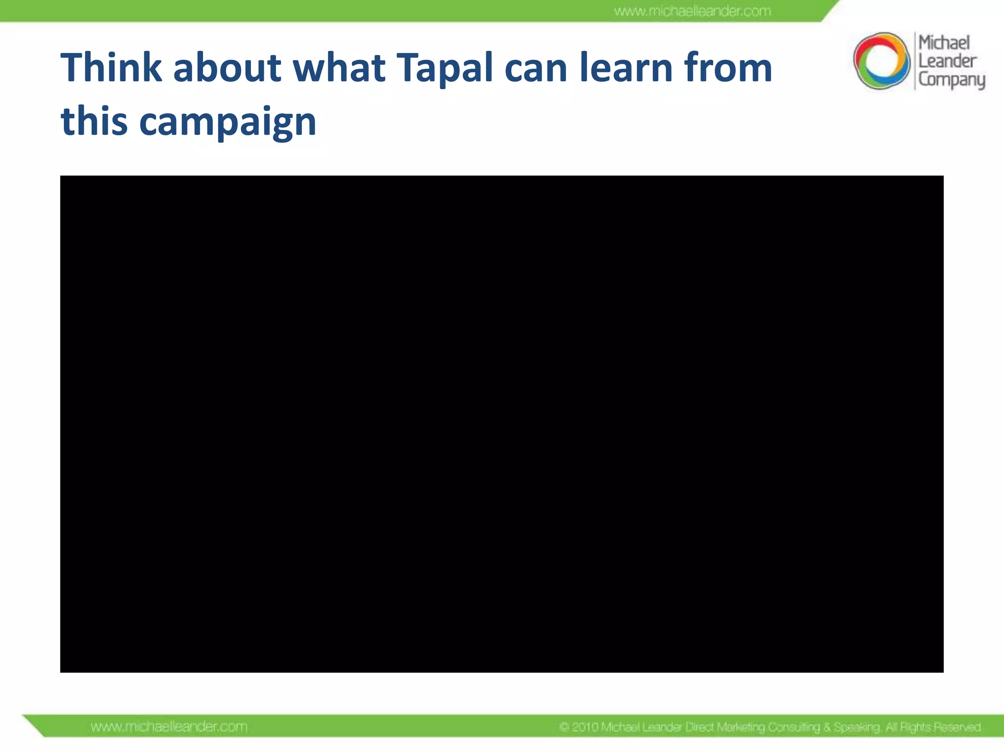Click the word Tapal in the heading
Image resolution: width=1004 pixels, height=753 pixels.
click(x=444, y=69)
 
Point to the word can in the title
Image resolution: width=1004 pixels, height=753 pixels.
click(x=536, y=69)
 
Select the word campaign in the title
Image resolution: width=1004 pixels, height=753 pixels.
click(x=227, y=123)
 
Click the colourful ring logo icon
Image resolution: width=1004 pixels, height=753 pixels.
click(x=881, y=61)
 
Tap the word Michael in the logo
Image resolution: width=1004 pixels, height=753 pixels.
click(x=944, y=43)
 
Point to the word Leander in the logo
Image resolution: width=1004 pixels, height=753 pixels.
click(x=947, y=61)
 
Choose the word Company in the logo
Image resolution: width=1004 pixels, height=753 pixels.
click(x=952, y=80)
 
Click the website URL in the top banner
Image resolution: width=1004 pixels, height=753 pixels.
click(x=692, y=11)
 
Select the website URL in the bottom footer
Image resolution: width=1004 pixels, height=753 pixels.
click(x=169, y=727)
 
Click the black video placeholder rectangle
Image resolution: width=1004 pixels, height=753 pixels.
click(x=502, y=424)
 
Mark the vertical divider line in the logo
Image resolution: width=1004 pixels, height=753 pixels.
click(x=915, y=61)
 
